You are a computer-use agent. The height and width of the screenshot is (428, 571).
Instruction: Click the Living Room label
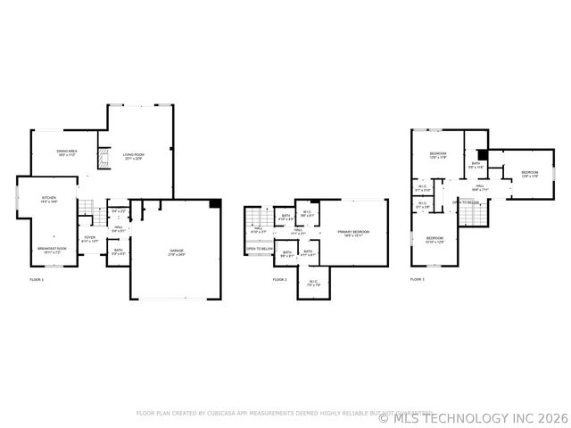tap(134, 156)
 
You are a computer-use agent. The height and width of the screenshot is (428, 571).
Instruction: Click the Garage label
tap(178, 252)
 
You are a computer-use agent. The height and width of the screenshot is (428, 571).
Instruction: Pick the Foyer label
tap(90, 239)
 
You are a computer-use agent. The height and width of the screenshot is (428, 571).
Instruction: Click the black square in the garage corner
tap(215, 204)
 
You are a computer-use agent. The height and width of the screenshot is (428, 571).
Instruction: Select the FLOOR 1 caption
tap(37, 280)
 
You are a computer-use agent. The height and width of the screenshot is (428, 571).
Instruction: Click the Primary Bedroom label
tap(353, 234)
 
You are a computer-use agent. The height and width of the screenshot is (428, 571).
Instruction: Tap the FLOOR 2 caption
tap(279, 280)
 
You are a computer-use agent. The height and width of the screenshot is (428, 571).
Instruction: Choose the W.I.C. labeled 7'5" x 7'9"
tap(314, 284)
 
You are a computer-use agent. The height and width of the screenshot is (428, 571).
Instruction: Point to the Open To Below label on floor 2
tap(259, 249)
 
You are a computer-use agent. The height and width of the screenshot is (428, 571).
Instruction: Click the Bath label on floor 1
tap(118, 251)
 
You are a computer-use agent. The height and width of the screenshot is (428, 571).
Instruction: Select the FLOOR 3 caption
tap(417, 280)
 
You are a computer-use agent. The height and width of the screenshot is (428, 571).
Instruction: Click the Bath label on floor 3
tap(476, 165)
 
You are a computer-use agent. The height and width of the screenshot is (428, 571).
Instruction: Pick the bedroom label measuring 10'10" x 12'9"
tap(434, 240)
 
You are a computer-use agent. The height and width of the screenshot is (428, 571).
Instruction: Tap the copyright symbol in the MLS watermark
tap(385, 417)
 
